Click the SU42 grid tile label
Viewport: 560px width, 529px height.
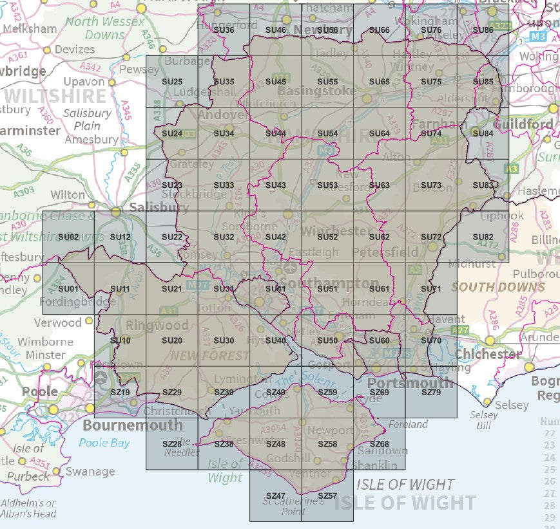point(275,237)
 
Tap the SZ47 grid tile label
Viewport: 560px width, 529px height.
point(275,496)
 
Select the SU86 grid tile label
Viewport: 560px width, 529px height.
point(483,30)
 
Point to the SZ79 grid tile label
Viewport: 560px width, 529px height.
point(430,393)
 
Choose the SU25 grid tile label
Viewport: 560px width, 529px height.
point(172,82)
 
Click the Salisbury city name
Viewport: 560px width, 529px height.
point(159,208)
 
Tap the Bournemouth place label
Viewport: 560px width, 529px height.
point(132,425)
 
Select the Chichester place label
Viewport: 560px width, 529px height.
point(488,354)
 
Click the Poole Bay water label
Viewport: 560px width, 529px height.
point(104,443)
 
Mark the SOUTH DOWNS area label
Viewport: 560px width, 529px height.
point(497,287)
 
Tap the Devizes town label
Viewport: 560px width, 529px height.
point(74,49)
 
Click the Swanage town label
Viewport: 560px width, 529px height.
point(90,472)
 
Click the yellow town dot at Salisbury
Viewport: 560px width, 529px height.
point(116,211)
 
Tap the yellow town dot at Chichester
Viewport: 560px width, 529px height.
point(490,340)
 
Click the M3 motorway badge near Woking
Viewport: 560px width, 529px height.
point(538,38)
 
